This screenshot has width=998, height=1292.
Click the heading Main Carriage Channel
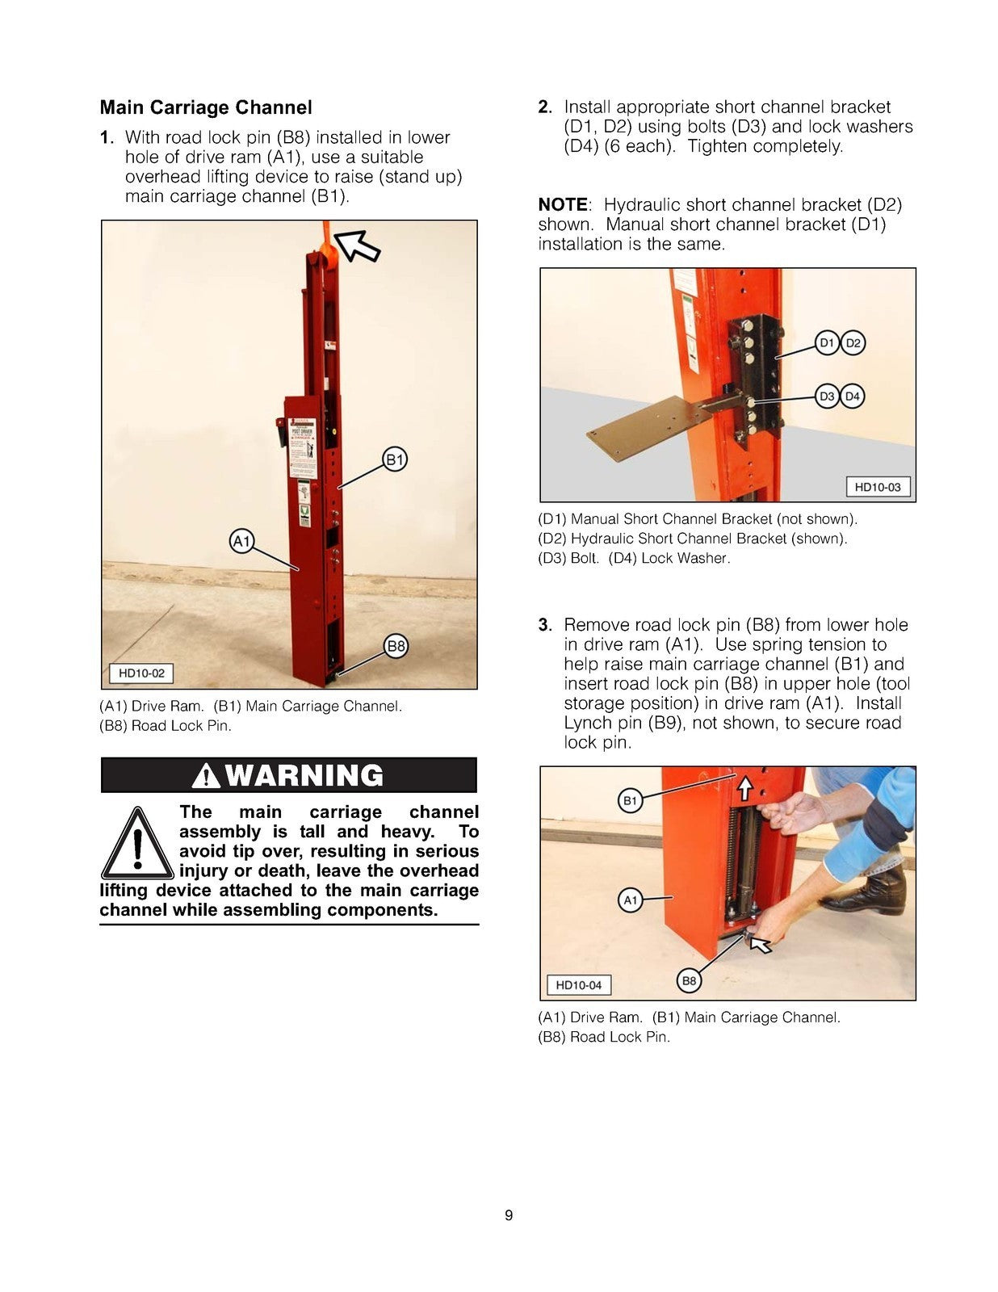[x=206, y=107]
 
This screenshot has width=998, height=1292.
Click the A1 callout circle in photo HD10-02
[x=242, y=541]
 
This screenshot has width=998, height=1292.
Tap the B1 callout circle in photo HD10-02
[x=394, y=460]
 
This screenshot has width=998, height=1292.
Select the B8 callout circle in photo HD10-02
[x=396, y=646]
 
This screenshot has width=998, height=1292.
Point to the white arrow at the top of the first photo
[x=358, y=244]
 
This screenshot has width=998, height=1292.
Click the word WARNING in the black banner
[x=304, y=775]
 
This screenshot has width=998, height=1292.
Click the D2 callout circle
[x=853, y=343]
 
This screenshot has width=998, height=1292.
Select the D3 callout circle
[x=827, y=396]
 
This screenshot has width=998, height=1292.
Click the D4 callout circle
[x=853, y=396]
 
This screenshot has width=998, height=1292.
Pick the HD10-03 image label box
[x=877, y=487]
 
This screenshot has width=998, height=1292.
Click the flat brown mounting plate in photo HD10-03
[x=638, y=428]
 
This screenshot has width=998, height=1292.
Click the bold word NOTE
[x=562, y=205]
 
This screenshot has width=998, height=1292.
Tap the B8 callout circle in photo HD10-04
[x=688, y=981]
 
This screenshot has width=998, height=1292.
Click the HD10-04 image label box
[x=578, y=985]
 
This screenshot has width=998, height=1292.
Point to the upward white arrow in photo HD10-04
[x=744, y=786]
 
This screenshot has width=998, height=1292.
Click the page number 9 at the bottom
[x=508, y=1215]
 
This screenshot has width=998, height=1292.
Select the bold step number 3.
[x=545, y=625]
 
